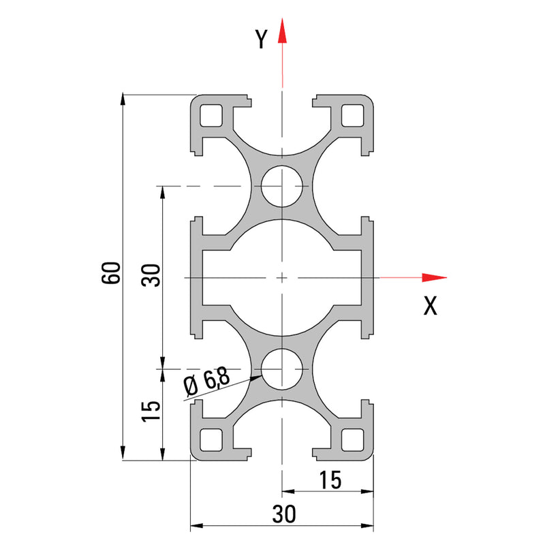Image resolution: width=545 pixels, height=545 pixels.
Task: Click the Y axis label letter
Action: (261, 40)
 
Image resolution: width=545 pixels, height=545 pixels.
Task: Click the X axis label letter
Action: (430, 306)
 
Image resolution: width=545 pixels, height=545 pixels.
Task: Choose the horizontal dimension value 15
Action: (328, 480)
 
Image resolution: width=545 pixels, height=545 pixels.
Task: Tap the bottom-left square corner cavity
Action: (213, 440)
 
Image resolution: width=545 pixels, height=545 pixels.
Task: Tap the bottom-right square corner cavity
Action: (352, 440)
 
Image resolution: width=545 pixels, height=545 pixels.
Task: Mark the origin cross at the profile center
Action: (282, 277)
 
